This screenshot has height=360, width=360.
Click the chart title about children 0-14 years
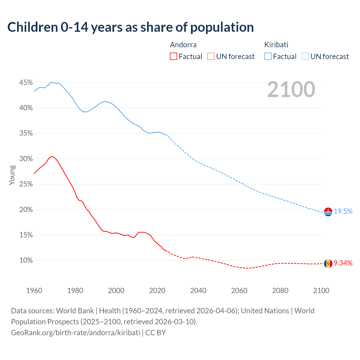[130, 27]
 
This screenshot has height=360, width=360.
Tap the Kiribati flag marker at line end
[328, 212]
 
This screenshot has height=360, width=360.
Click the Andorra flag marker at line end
[328, 264]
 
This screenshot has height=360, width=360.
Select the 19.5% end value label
[343, 211]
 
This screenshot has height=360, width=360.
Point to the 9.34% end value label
[343, 263]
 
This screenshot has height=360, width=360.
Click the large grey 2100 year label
[291, 89]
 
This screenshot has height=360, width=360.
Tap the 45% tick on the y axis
[26, 83]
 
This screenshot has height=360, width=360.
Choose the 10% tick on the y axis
[26, 260]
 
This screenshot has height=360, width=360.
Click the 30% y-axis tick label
[26, 159]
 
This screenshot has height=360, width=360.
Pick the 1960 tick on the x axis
[34, 291]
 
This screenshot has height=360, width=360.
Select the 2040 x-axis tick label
[198, 291]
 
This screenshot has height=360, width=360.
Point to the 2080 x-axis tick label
[280, 291]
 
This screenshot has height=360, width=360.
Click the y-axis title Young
[12, 175]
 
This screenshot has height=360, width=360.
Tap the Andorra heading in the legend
[183, 45]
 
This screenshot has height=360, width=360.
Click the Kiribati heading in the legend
[276, 45]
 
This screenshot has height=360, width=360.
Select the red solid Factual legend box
[174, 57]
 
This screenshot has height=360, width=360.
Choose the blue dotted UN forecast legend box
[305, 57]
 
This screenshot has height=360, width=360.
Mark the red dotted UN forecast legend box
[211, 57]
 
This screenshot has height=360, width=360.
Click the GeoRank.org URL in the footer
[75, 333]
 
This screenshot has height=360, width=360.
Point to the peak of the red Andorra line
[52, 156]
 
